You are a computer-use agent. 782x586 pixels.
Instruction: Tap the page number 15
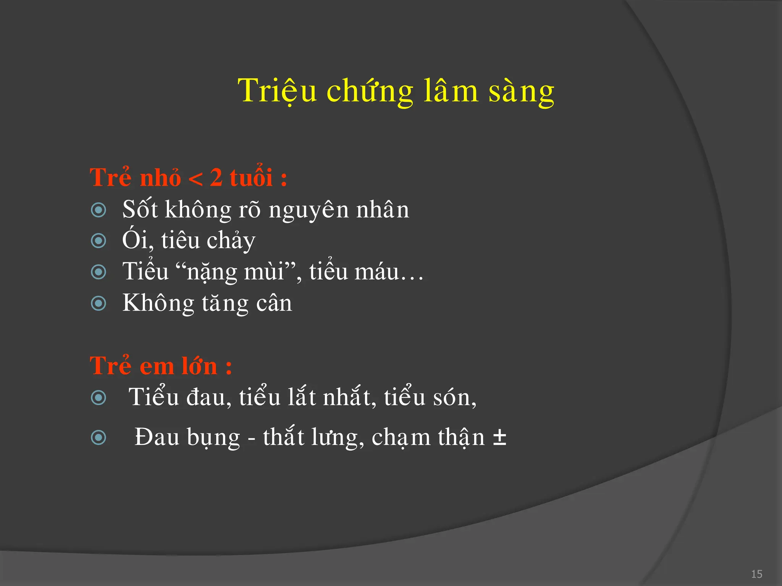[756, 574]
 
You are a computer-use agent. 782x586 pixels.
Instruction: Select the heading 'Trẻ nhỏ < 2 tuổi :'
[188, 177]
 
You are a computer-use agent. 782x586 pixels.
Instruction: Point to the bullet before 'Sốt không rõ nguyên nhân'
[99, 210]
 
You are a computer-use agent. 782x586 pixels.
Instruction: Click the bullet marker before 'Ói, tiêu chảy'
[99, 241]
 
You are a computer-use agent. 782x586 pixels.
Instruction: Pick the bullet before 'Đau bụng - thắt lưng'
[99, 437]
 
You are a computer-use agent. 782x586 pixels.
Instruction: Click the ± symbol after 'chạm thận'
[499, 438]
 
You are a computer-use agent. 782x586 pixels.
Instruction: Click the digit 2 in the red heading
[216, 178]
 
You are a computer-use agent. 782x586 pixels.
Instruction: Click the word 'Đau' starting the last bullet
[157, 437]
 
